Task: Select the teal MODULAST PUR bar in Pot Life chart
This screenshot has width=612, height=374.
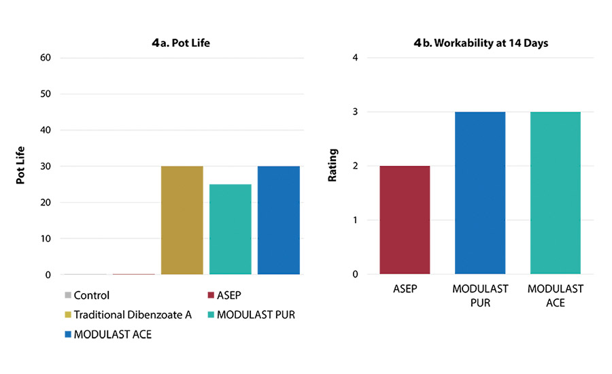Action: pyautogui.click(x=231, y=229)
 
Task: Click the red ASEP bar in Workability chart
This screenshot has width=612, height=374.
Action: pyautogui.click(x=405, y=220)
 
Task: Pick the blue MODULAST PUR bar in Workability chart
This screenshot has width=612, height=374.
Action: pyautogui.click(x=480, y=193)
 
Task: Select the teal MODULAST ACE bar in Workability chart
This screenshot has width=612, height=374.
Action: pyautogui.click(x=556, y=193)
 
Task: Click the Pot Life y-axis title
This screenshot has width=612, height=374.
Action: pyautogui.click(x=21, y=166)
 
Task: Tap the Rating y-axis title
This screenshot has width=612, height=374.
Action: pyautogui.click(x=333, y=166)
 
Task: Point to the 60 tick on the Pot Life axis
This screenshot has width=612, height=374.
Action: pyautogui.click(x=46, y=57)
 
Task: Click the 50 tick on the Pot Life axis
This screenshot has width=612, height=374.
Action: pyautogui.click(x=46, y=93)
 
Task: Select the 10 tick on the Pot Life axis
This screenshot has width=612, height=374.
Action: pyautogui.click(x=46, y=239)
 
